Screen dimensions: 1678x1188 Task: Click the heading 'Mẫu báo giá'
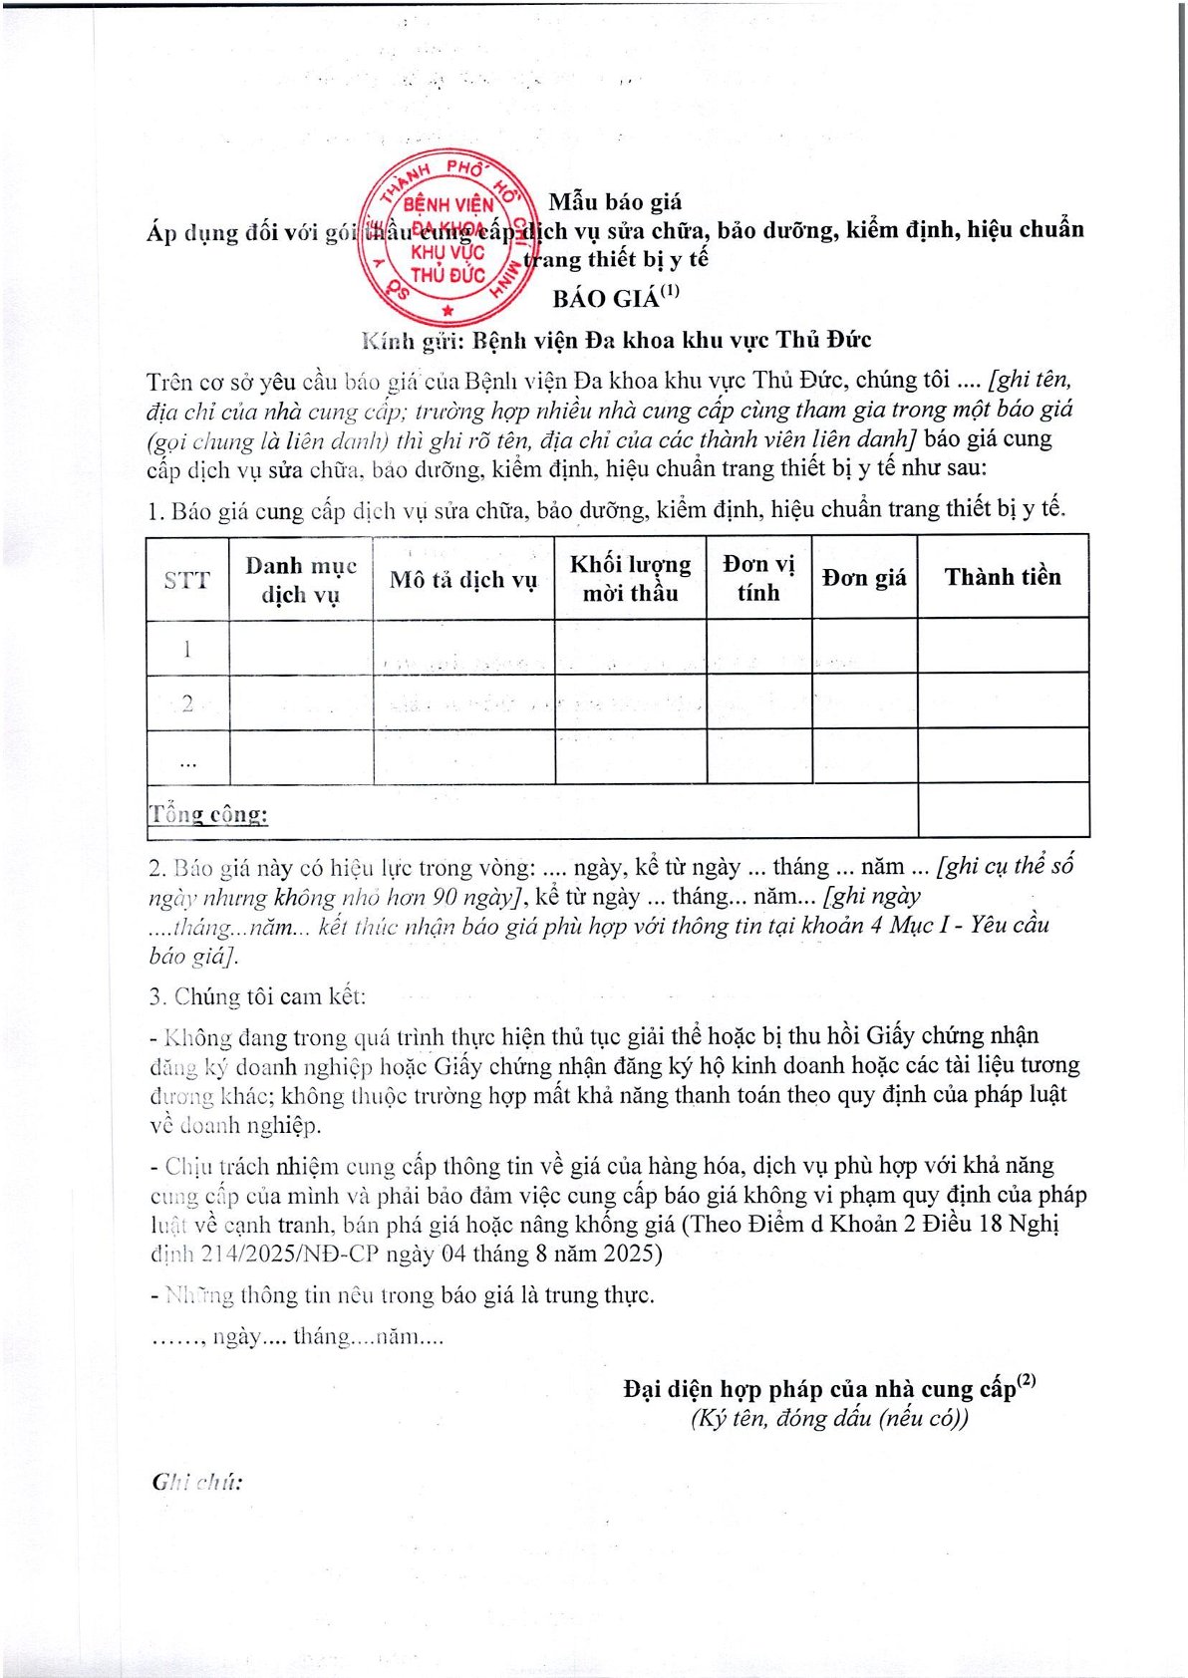(615, 202)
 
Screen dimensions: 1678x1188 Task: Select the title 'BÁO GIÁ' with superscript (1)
(615, 297)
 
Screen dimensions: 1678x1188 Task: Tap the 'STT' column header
(187, 579)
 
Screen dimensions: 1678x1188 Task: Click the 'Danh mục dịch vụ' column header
(300, 579)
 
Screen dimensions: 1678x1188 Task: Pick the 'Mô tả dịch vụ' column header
(463, 580)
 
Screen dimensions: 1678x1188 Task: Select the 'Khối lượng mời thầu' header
(630, 579)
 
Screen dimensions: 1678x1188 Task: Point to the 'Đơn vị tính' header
(758, 578)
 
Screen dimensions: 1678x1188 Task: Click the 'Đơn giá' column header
(864, 578)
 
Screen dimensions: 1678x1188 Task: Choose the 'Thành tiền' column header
(1003, 577)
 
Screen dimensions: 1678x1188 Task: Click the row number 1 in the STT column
(187, 649)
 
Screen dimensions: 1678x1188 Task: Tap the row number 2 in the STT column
(187, 703)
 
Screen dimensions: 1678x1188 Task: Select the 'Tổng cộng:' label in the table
(209, 814)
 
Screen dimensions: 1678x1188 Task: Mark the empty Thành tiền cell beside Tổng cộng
(1003, 810)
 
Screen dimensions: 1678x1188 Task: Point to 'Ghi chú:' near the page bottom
(197, 1482)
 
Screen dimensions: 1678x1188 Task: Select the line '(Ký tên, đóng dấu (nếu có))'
(828, 1418)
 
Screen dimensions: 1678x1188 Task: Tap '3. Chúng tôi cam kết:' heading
(258, 996)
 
